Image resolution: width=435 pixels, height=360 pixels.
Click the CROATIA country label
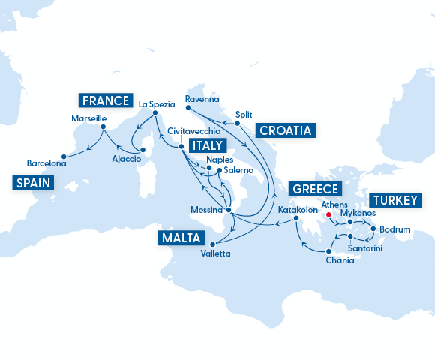tap(285, 130)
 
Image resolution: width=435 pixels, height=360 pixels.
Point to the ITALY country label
tap(207, 145)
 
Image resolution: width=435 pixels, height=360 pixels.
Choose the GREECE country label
tap(315, 188)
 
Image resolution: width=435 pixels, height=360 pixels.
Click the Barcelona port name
tap(46, 163)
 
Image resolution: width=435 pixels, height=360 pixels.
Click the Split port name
tap(243, 115)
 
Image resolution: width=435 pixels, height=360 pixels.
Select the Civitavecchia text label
tap(191, 130)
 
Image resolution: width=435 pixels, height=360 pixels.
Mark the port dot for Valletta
tap(213, 244)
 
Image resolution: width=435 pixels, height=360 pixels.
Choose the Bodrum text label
tap(394, 229)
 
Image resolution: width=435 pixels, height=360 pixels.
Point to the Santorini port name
tap(365, 247)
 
